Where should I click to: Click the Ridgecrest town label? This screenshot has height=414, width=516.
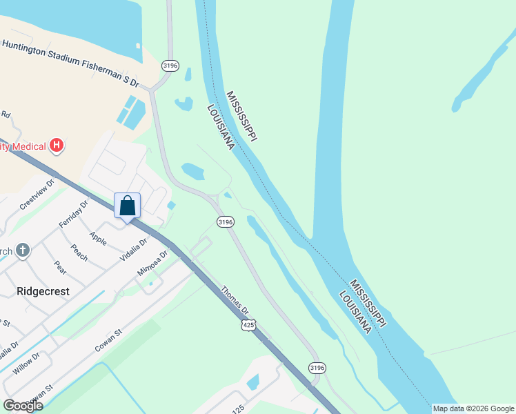coord(43,291)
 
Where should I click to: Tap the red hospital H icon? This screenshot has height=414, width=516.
coord(58,146)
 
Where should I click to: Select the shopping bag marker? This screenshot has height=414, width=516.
coord(127,206)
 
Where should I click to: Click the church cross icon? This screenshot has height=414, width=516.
coord(23,250)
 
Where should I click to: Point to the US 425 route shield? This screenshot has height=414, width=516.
coord(248,323)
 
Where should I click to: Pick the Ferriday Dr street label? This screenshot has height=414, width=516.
coord(75,215)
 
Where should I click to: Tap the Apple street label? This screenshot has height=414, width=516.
coord(97,240)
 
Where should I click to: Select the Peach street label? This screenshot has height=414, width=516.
coord(79,253)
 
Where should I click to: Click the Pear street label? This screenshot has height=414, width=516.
coord(60,266)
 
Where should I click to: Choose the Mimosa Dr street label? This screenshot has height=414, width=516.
coord(153,263)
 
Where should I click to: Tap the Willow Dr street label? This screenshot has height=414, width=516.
coord(27,362)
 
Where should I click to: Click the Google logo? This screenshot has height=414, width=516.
coord(23,406)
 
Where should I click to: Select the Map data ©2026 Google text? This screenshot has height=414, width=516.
coord(473,408)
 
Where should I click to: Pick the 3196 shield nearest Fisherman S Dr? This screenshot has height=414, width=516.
coord(170,66)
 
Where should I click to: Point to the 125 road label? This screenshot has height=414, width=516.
coord(238,409)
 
